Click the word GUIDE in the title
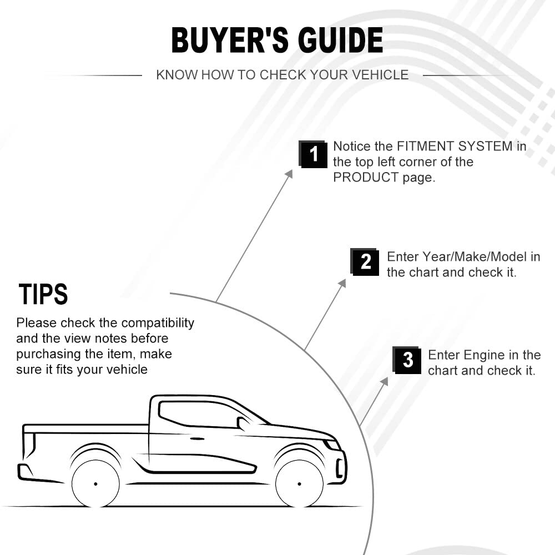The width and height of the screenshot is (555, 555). click(341, 40)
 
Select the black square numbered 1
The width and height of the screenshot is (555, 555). click(313, 154)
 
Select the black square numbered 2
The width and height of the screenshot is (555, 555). click(365, 262)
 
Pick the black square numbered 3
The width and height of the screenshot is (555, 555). click(407, 360)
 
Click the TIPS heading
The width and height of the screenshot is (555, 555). click(43, 294)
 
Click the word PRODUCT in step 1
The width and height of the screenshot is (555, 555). click(366, 177)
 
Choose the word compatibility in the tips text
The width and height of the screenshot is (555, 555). click(158, 323)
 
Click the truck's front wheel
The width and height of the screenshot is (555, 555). click(300, 484)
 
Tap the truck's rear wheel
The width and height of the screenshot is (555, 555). click(95, 484)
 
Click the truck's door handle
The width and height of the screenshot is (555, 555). click(197, 439)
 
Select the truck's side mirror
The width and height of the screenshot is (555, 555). click(244, 423)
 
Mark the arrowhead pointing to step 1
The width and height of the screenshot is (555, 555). click(289, 174)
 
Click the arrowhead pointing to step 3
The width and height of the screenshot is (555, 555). click(385, 381)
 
